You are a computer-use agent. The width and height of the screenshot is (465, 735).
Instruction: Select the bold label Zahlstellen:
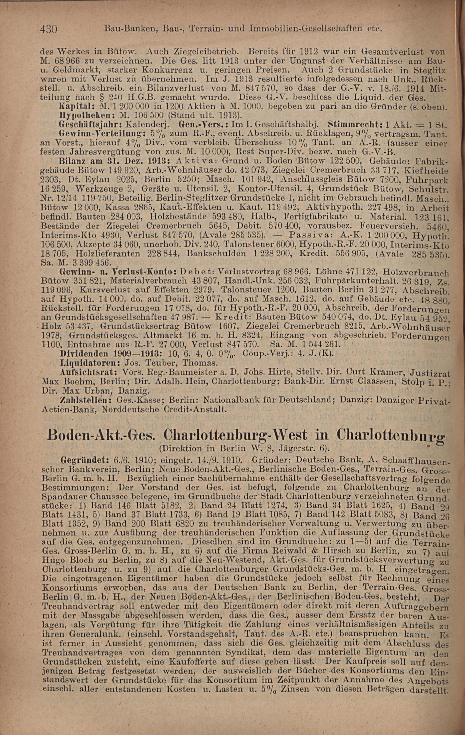tap(83, 400)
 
